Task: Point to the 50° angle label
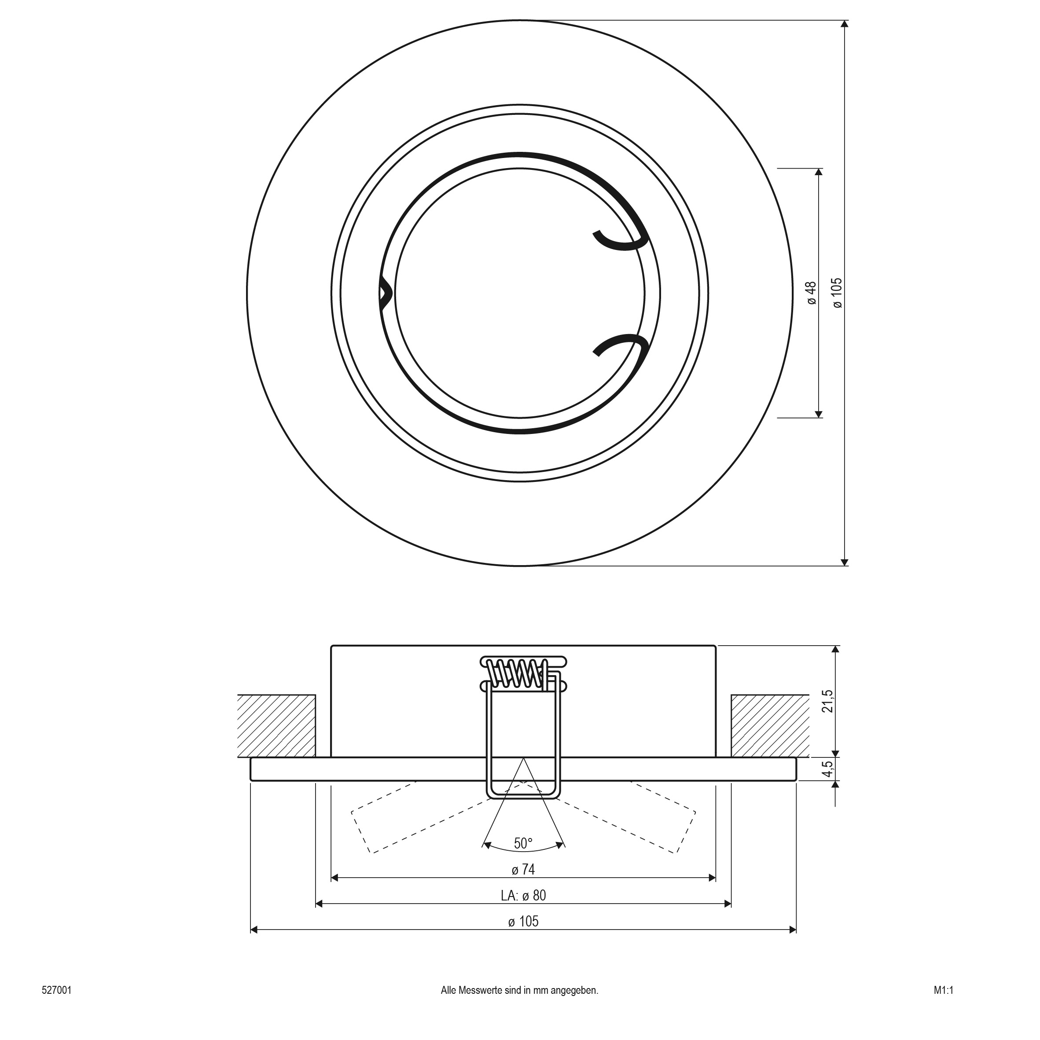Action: click(x=523, y=843)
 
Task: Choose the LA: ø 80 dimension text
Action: click(x=523, y=895)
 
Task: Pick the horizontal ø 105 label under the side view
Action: click(x=523, y=921)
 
